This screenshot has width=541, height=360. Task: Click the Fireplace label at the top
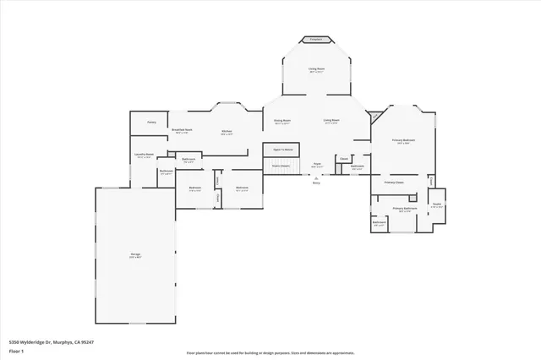315,39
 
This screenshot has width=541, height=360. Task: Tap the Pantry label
152,123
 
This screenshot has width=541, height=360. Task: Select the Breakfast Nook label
183,130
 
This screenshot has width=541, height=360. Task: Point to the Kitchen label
227,131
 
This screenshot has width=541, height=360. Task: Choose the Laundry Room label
144,155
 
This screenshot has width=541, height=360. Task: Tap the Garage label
135,254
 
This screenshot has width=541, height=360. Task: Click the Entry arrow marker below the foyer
316,181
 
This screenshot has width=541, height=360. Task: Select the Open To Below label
282,149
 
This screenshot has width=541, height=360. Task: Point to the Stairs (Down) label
281,166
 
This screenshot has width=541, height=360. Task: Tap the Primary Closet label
395,182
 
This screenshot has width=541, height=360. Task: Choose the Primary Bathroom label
405,208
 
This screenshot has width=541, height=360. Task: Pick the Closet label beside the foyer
343,158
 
